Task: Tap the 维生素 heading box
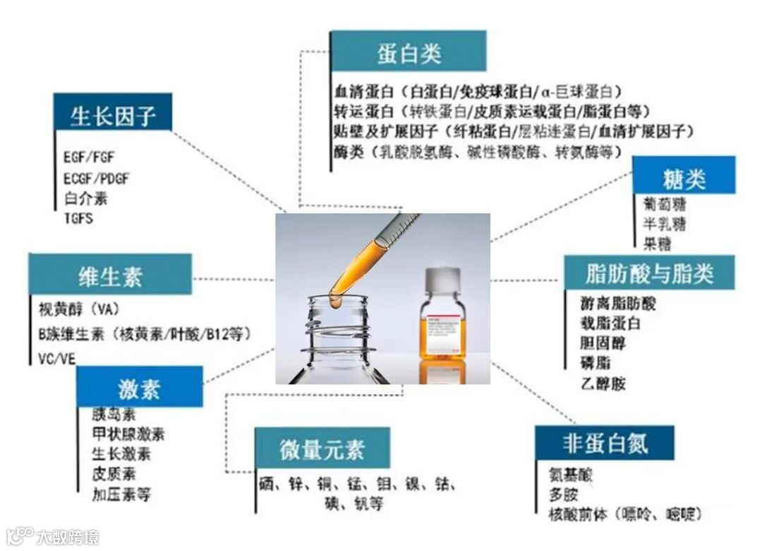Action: pos(110,274)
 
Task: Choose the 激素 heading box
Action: pos(140,386)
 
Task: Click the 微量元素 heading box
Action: pos(322,449)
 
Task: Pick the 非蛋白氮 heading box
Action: pos(604,443)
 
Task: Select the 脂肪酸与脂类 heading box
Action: pos(649,272)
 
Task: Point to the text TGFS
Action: pos(78,218)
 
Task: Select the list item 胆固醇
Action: pos(603,344)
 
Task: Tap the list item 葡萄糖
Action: pos(664,205)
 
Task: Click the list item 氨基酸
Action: pos(571,475)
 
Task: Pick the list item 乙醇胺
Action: pos(603,384)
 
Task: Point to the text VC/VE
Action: pos(56,358)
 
